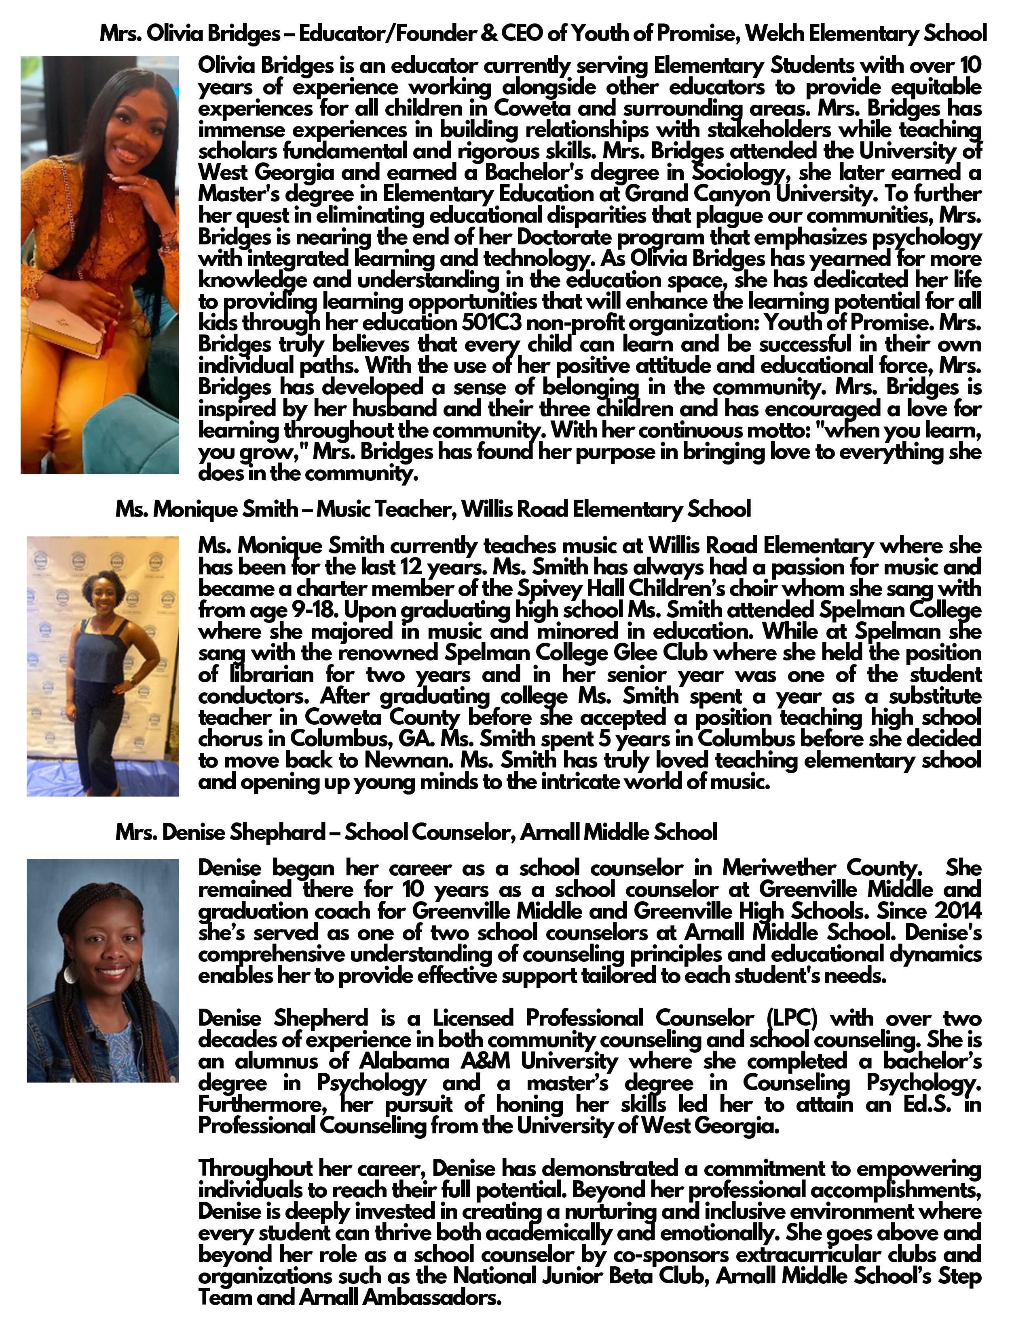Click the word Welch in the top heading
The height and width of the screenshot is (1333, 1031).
point(775,34)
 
